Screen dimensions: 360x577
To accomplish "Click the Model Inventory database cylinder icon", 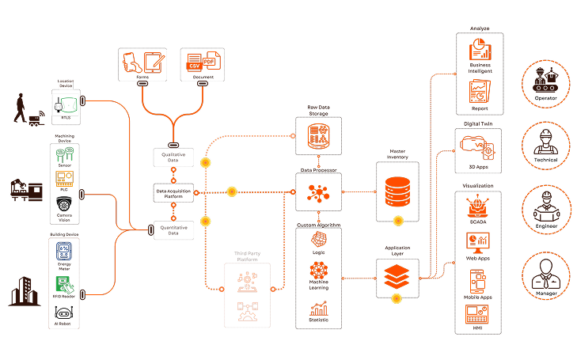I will pyautogui.click(x=397, y=192).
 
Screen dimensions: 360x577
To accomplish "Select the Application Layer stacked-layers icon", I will pyautogui.click(x=397, y=275).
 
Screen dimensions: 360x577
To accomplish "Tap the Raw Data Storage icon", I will pyautogui.click(x=318, y=135).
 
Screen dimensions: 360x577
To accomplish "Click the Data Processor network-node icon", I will pyautogui.click(x=318, y=192).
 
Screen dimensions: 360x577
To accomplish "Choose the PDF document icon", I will pyautogui.click(x=210, y=62).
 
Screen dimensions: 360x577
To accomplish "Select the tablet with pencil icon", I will pyautogui.click(x=153, y=63).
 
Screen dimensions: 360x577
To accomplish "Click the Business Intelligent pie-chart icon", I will pyautogui.click(x=479, y=51).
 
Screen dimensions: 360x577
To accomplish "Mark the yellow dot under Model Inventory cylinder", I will pyautogui.click(x=398, y=221).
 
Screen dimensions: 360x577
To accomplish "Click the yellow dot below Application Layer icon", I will pyautogui.click(x=397, y=298).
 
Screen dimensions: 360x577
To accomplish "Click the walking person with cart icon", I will pyautogui.click(x=25, y=111).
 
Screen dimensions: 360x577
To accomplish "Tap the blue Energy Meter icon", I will pyautogui.click(x=64, y=252).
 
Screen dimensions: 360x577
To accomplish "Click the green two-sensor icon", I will pyautogui.click(x=65, y=151).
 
